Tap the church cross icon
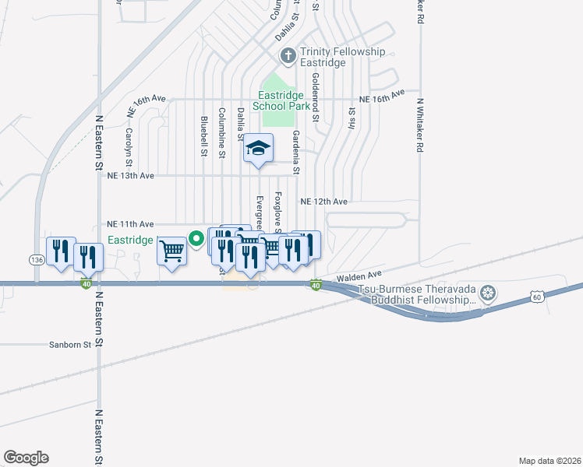[x=287, y=56]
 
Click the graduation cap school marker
[x=257, y=148]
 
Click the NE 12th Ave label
[x=324, y=201]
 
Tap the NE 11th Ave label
[x=130, y=223]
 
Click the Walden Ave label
[x=359, y=276]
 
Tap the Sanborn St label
[x=71, y=343]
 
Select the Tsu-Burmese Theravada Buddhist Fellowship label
[x=416, y=294]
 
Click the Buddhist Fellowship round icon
[x=488, y=293]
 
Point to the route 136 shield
[x=37, y=259]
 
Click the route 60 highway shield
[x=536, y=297]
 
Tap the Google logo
[x=26, y=458]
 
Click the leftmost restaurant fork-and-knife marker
[x=61, y=251]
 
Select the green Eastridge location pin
[x=197, y=239]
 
